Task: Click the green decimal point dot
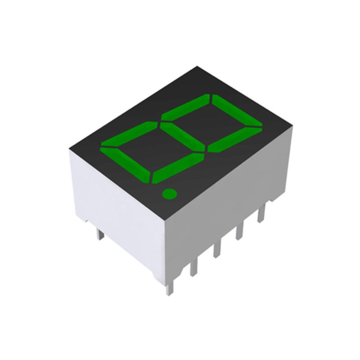point(169,194)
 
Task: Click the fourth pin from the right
point(194,267)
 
